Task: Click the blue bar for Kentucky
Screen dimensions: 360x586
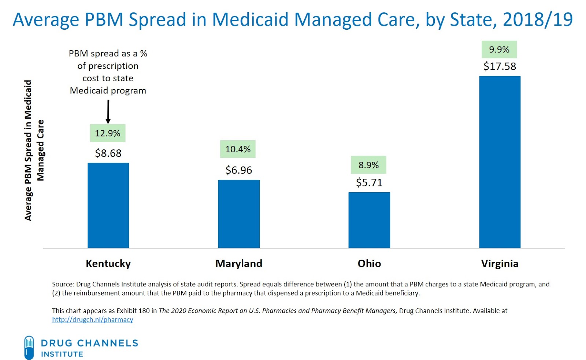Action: tap(108, 205)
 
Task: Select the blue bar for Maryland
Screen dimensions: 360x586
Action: tap(239, 214)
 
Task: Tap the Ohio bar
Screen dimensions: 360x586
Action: tap(369, 220)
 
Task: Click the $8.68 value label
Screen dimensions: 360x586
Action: tap(108, 153)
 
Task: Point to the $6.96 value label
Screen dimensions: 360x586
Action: tap(239, 170)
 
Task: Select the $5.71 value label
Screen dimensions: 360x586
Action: tap(369, 182)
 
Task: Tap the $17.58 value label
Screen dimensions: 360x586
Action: tap(500, 66)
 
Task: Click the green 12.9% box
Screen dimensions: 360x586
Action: tap(108, 133)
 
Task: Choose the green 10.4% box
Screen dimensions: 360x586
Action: tap(238, 149)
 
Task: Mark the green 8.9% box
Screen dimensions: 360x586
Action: tap(368, 165)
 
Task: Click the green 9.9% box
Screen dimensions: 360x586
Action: tap(499, 49)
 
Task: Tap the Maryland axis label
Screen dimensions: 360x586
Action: tap(239, 264)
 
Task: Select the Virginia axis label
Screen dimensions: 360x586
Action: tap(500, 264)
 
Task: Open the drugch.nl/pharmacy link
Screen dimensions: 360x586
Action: tap(92, 319)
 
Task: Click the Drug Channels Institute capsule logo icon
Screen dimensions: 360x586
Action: tap(29, 348)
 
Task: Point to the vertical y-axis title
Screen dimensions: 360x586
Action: tap(34, 150)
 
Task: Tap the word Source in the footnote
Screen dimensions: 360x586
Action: tap(63, 284)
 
